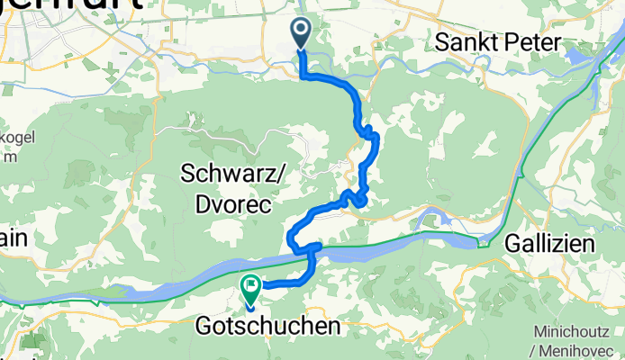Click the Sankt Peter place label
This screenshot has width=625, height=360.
pos(497,42)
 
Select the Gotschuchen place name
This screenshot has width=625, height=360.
pos(268,325)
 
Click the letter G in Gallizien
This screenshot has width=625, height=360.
pos(512,243)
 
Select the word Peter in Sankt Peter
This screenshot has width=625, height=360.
pos(532,42)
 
